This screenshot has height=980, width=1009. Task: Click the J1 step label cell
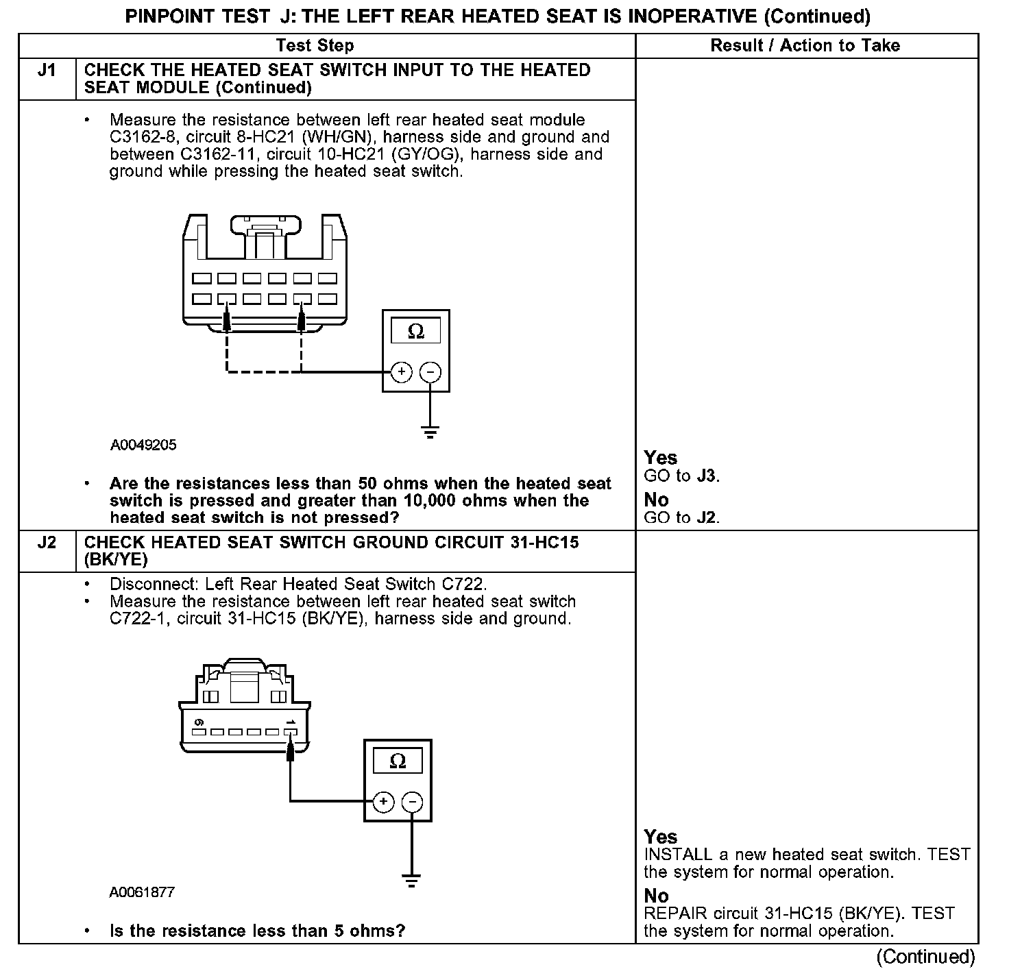(x=47, y=71)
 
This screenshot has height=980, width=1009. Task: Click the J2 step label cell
(x=47, y=543)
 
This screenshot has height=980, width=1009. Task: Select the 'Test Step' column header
(x=315, y=46)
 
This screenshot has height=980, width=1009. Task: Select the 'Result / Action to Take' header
(x=805, y=46)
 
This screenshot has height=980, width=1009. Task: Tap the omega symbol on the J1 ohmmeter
(x=416, y=332)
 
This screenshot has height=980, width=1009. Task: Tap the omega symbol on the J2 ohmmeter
(x=398, y=761)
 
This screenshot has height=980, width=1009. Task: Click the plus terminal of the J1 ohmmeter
(x=401, y=372)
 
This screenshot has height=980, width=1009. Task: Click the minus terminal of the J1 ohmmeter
(x=430, y=372)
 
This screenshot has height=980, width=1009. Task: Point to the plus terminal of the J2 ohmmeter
(x=383, y=802)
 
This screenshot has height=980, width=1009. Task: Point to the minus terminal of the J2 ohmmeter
(x=412, y=802)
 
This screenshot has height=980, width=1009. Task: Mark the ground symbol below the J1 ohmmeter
(x=430, y=432)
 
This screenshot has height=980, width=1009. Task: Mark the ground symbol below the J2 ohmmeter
(x=411, y=881)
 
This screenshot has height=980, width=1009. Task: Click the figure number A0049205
(x=143, y=445)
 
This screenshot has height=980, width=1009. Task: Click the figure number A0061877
(x=142, y=893)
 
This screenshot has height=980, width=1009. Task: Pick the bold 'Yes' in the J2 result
(x=660, y=837)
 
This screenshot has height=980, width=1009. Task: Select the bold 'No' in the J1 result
(x=656, y=500)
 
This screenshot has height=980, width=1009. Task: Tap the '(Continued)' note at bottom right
(x=925, y=957)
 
